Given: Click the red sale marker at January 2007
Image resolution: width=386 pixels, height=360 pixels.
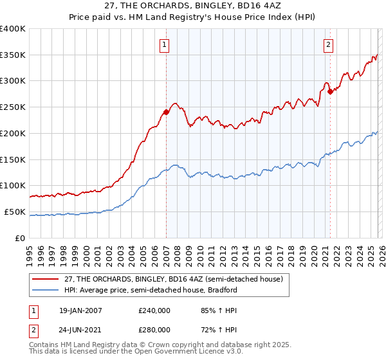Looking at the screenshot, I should coord(166,112).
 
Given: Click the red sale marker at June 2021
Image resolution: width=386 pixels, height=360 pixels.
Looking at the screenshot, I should coord(330,91).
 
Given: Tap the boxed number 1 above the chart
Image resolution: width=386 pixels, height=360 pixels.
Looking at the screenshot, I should coord(165,45).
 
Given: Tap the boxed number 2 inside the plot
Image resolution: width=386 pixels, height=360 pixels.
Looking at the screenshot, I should coord(329,45).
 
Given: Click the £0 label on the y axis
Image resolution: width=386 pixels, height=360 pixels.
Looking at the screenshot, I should coord(21,238).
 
